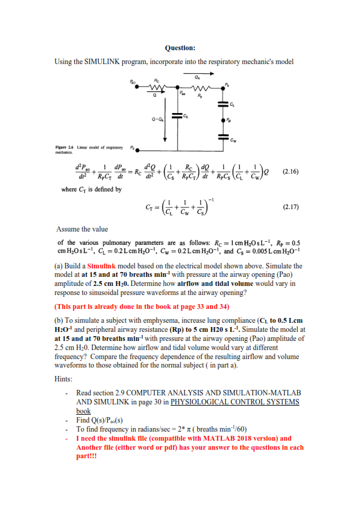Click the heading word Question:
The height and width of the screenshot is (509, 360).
point(180,48)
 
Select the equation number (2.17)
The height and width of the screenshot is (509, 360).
point(295,207)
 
